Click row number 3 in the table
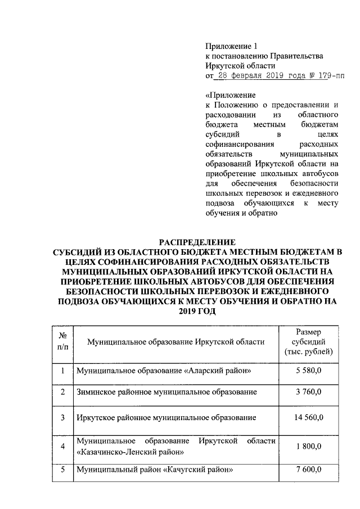pos(63,418)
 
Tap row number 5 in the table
pos(63,470)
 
